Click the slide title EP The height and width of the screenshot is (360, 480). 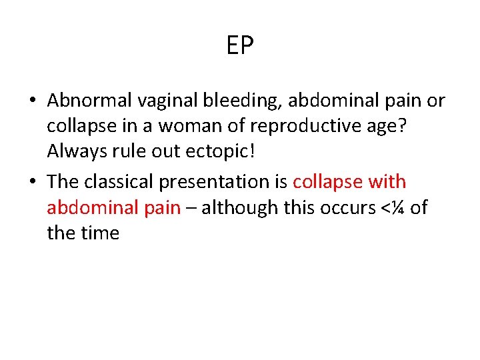pos(240,46)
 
